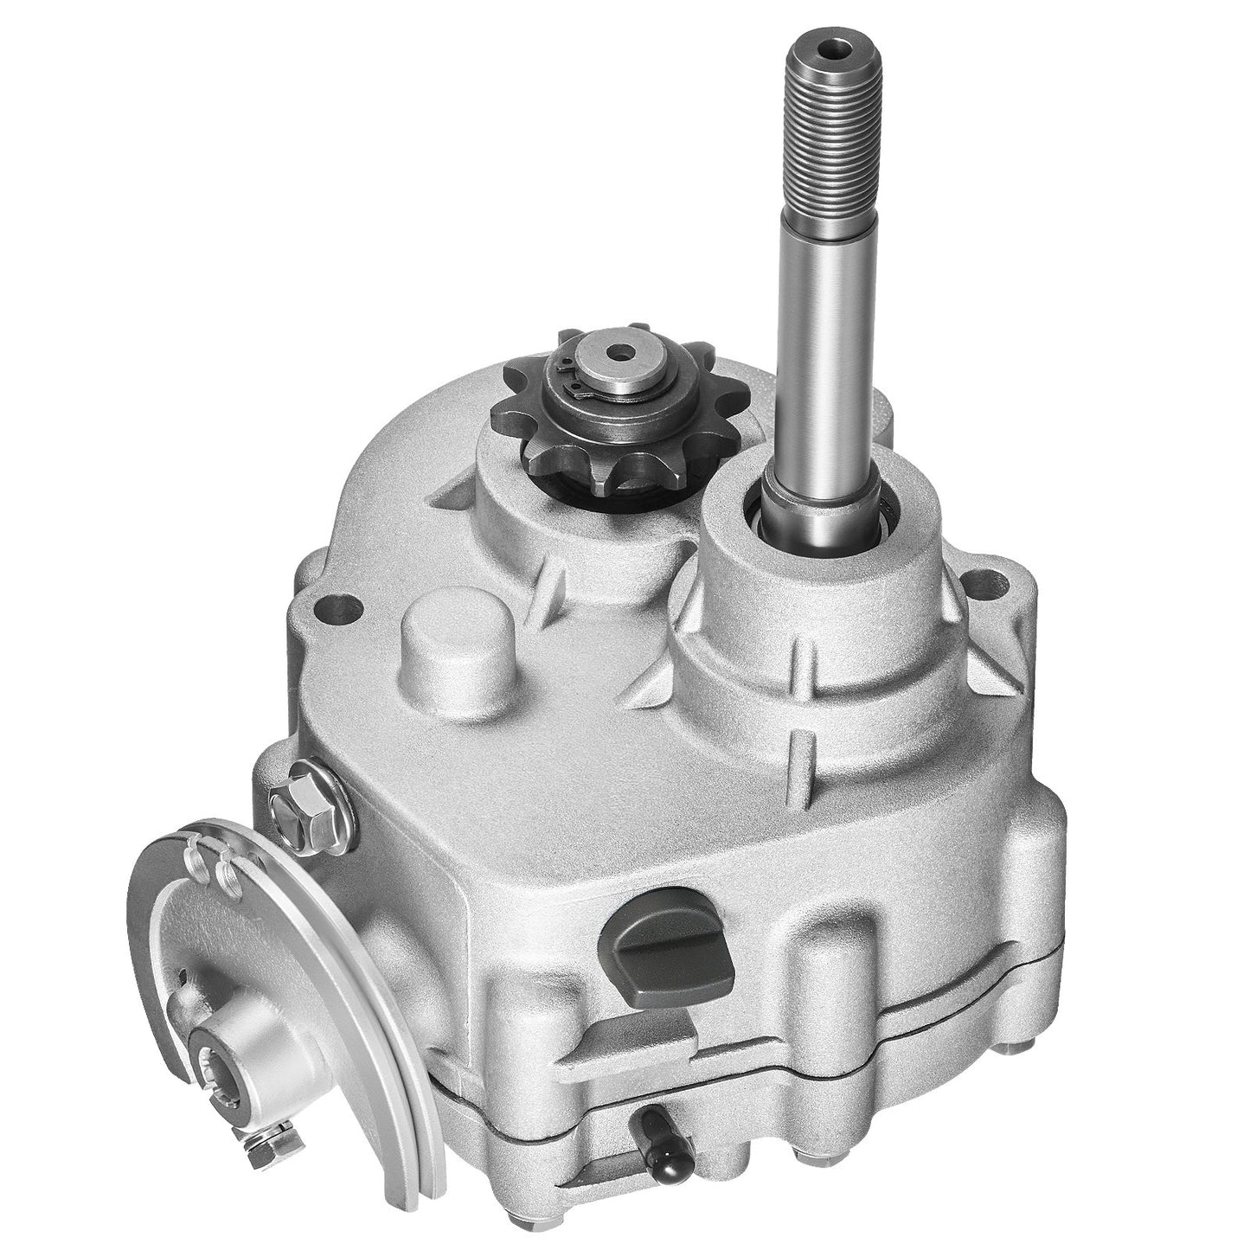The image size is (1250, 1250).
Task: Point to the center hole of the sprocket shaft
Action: [617, 353]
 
